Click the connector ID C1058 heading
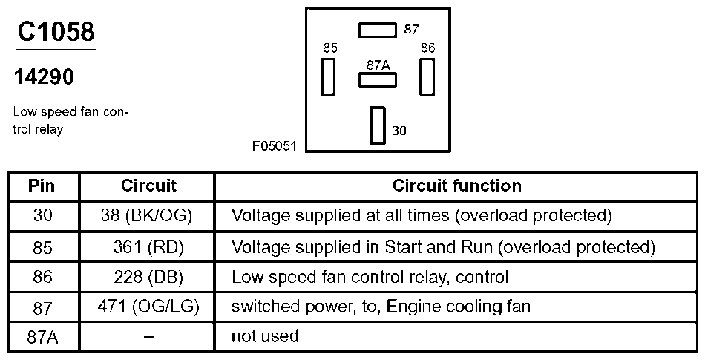click(x=56, y=32)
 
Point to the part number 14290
click(x=44, y=77)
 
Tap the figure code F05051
click(x=274, y=146)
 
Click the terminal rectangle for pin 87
click(x=378, y=30)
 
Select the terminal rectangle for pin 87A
click(x=378, y=79)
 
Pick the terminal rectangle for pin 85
click(x=328, y=76)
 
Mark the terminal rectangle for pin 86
click(x=427, y=76)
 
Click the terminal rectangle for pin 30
click(x=378, y=125)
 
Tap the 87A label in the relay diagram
click(x=378, y=65)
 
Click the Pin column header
click(x=42, y=186)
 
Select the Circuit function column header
click(x=457, y=186)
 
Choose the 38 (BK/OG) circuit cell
click(x=147, y=216)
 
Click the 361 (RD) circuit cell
click(x=148, y=247)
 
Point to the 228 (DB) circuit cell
click(x=148, y=277)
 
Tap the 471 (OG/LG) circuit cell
click(x=148, y=307)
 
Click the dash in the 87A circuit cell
click(x=148, y=337)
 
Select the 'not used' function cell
click(x=264, y=336)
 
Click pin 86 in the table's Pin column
click(x=42, y=278)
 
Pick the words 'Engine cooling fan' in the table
click(x=459, y=307)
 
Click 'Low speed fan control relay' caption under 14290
click(x=71, y=120)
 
